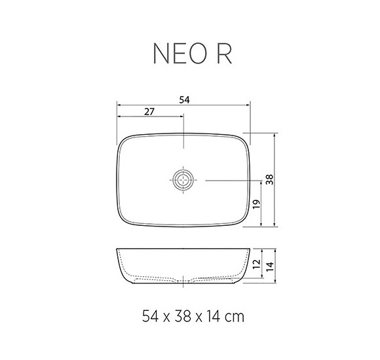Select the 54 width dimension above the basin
coord(184,99)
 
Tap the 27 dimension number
coord(149,112)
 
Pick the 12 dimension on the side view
coord(256,264)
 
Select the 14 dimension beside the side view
coord(270,264)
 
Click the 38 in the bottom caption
coord(183,317)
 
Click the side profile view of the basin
coord(183,265)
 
